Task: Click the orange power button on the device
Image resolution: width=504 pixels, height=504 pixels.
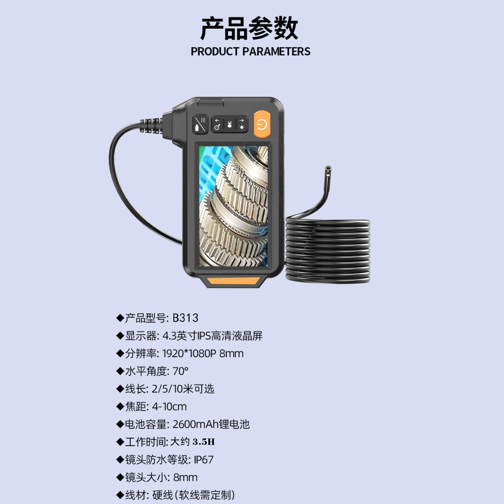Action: tap(262, 125)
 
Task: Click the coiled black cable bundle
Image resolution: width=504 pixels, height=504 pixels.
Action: tap(328, 250)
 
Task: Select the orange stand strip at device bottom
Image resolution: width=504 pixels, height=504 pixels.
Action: tap(233, 281)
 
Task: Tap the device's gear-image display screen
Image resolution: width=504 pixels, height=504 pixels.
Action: tap(234, 206)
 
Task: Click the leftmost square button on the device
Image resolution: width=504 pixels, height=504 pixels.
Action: tap(200, 125)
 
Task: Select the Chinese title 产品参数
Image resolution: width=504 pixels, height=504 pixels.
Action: tap(249, 29)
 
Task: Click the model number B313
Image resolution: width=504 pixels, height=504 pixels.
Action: tap(185, 318)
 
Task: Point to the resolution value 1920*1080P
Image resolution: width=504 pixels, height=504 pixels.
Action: tap(189, 353)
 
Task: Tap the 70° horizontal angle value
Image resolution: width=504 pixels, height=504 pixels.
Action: tap(180, 371)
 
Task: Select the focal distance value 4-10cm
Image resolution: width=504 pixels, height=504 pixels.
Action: tap(169, 407)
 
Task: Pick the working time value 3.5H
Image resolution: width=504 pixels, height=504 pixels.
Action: tap(204, 442)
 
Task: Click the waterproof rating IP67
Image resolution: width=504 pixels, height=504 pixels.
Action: tap(204, 460)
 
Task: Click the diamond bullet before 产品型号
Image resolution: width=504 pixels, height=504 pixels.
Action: tap(120, 318)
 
